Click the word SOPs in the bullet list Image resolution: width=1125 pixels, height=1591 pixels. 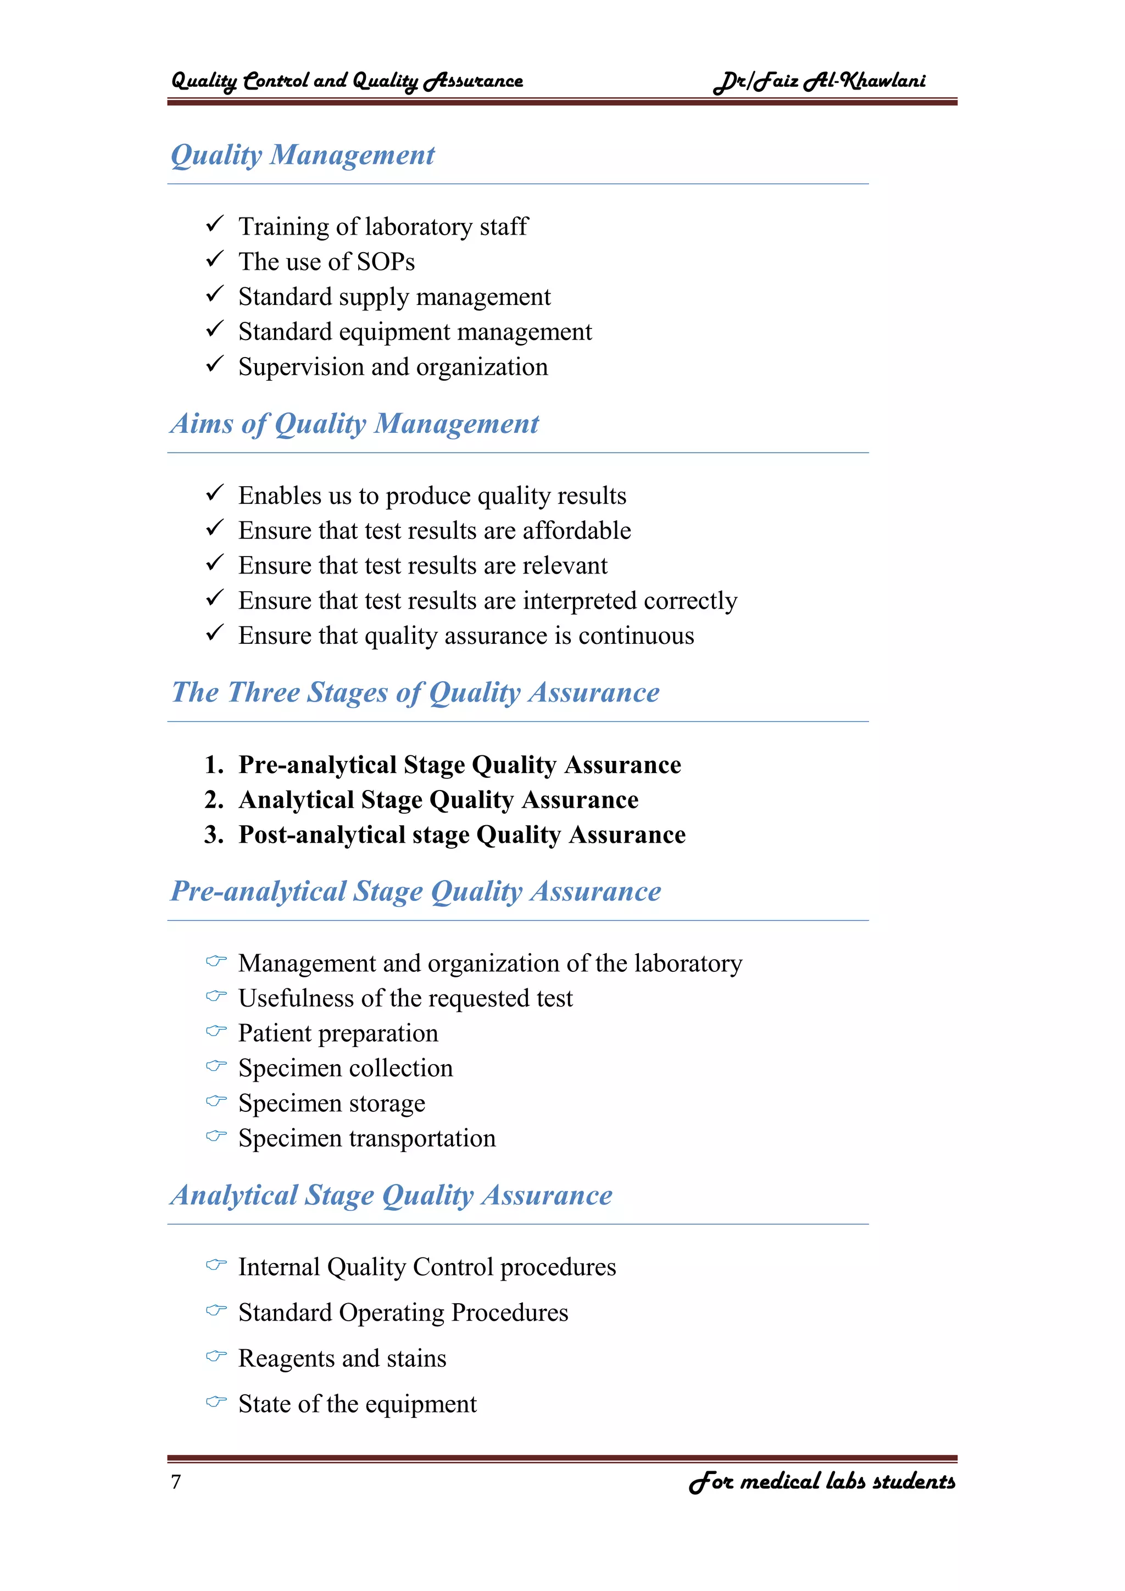coord(385,262)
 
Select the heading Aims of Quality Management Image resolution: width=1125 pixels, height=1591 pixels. coord(354,424)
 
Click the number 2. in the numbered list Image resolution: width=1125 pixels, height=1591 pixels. coord(213,800)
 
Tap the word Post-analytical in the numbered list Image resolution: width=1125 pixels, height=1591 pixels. coord(321,835)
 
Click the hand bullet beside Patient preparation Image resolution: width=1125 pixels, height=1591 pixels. coord(216,1031)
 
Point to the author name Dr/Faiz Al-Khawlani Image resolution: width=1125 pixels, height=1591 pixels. coord(820,82)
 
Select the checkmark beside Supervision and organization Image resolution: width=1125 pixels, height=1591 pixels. coord(215,364)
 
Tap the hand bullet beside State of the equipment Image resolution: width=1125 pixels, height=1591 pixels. coord(216,1402)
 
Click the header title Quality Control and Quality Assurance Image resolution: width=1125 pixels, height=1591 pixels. coord(347,82)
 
